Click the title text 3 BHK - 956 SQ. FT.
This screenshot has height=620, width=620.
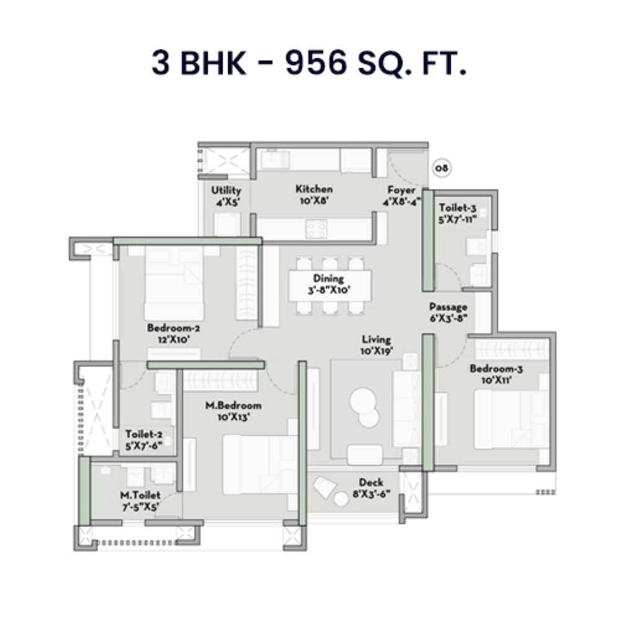[309, 63]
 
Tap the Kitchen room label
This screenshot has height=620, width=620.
[314, 195]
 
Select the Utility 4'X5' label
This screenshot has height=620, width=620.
[226, 196]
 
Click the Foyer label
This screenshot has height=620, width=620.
[401, 195]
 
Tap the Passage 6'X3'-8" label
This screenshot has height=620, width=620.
[448, 312]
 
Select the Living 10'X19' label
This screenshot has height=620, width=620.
[377, 345]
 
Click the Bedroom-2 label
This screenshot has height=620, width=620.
[173, 333]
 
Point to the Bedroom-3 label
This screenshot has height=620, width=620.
[495, 374]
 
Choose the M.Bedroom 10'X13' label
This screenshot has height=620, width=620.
[233, 411]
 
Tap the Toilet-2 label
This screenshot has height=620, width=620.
[144, 440]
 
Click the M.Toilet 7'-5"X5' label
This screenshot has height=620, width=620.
[140, 501]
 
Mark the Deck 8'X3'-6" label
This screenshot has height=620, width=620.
[371, 488]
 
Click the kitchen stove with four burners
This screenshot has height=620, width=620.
[317, 229]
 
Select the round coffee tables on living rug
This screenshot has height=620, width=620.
[364, 407]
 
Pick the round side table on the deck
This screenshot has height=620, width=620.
[341, 498]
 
